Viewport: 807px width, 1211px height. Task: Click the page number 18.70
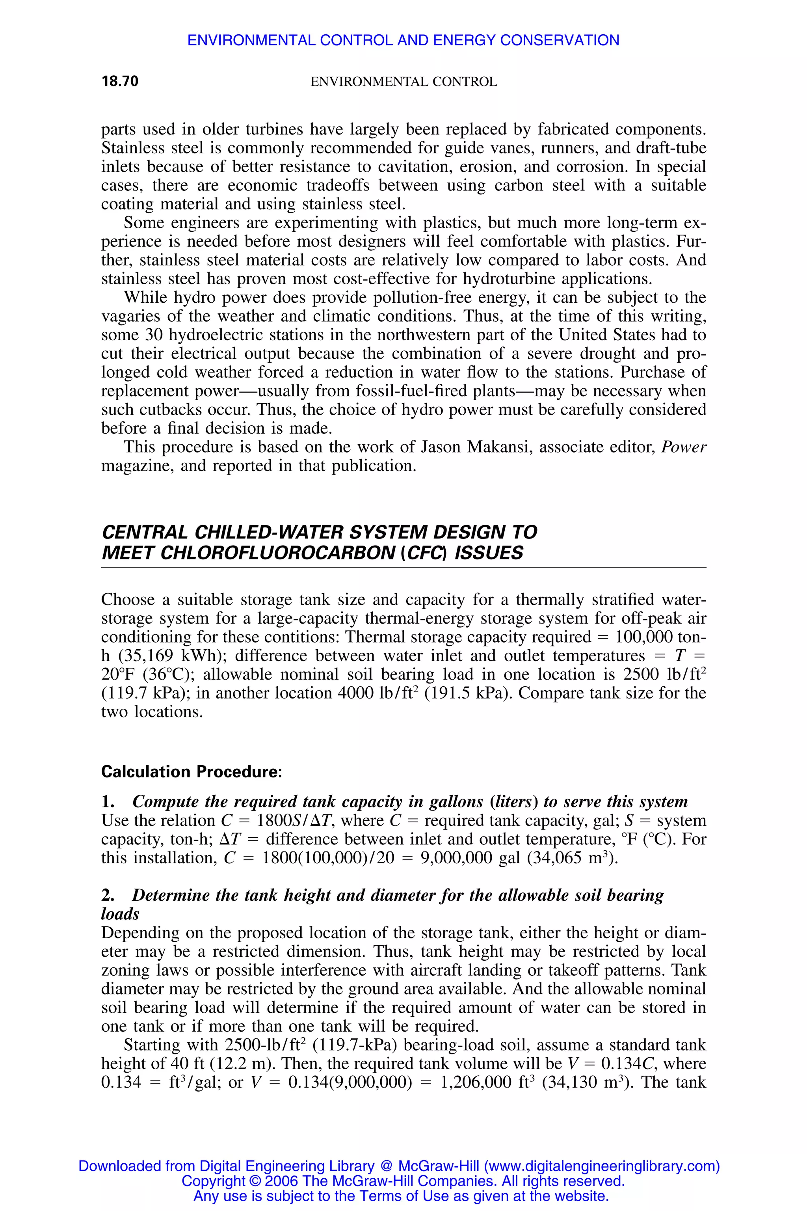click(x=120, y=81)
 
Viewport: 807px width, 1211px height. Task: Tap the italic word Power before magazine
click(x=684, y=447)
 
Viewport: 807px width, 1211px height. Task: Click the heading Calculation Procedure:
click(x=192, y=772)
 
